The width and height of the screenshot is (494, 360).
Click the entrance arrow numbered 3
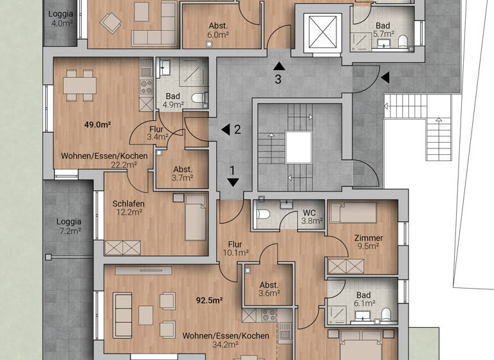pos(278,65)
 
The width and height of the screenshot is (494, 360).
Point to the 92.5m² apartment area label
pos(209,300)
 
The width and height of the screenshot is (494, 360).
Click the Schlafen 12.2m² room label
pos(128,208)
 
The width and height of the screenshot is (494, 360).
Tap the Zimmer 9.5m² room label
pos(368,242)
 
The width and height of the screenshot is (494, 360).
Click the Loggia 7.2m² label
pos(69,226)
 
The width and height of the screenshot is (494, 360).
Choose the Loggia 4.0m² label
pos(62,19)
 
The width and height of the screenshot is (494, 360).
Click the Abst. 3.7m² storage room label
pos(182,174)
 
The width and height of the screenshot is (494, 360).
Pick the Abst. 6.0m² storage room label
pos(217,31)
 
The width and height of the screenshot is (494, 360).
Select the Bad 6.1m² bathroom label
pos(363,300)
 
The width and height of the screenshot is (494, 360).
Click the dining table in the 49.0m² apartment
pos(80,85)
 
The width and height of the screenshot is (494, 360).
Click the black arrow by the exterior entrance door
pos(385,78)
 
